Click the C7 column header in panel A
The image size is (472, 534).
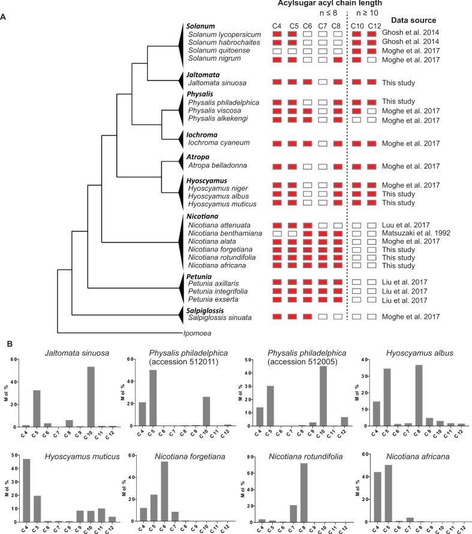[322, 25]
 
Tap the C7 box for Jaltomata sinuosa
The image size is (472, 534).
[322, 82]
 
